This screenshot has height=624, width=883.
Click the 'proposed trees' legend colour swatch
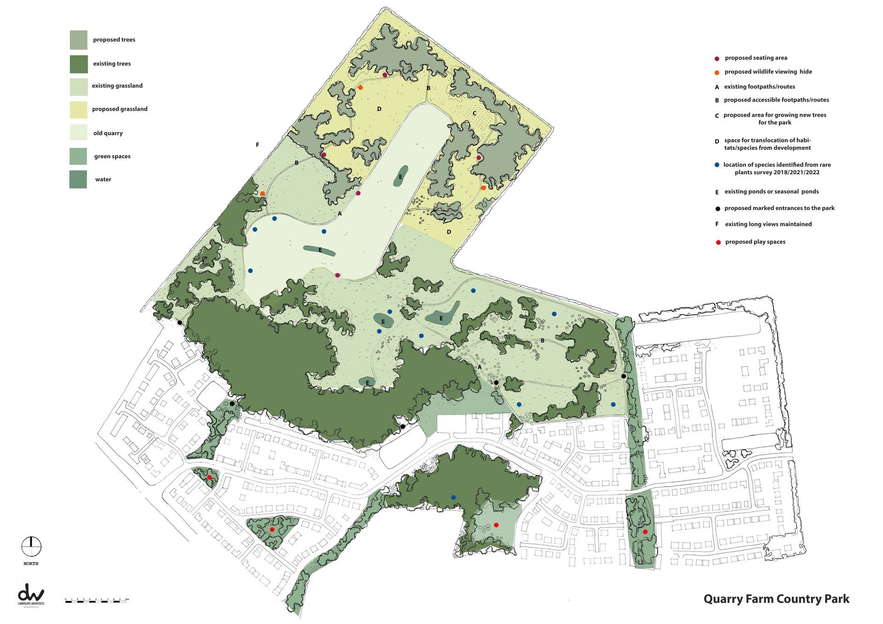coord(78,40)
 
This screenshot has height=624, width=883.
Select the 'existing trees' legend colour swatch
coord(78,64)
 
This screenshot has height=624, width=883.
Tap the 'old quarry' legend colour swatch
coord(78,133)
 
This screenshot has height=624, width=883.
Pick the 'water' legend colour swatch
coord(78,179)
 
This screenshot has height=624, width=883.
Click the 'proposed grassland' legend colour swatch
coord(78,109)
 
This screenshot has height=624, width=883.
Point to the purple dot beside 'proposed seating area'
coord(717,58)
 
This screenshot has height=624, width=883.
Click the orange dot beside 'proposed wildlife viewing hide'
coord(717,72)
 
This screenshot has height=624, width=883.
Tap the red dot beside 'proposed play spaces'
coord(718,242)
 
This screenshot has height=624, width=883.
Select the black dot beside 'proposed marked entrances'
coord(717,209)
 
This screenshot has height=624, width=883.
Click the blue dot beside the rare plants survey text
coord(717,165)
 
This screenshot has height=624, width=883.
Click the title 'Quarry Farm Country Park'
coord(776,599)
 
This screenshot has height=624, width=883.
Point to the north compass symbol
coord(31,547)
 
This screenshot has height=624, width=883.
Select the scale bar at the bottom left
coord(97,601)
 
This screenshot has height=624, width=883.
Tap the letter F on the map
coord(258,145)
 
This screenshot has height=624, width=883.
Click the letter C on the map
coord(474,113)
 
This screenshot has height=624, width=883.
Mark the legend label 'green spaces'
coord(112,156)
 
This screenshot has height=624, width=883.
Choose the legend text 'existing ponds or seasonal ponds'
coord(771,192)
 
